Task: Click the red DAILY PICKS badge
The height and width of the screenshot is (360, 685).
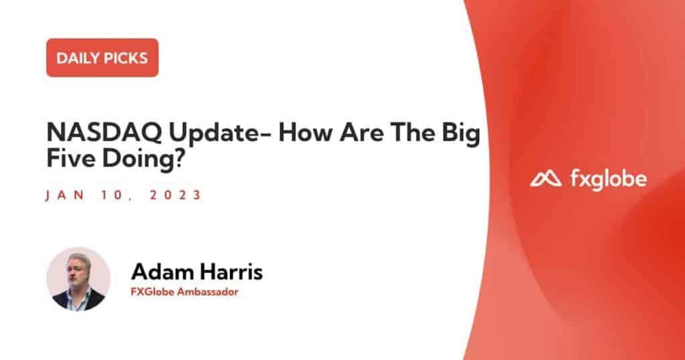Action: pos(102,58)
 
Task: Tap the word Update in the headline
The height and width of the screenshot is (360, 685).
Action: pos(220,134)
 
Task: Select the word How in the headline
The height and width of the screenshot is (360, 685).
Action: pos(306,132)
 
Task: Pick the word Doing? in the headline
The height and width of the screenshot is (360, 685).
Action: pos(144,159)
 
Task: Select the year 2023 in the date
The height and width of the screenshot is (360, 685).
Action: pos(175,195)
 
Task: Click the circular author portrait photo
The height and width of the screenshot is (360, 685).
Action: pos(79,279)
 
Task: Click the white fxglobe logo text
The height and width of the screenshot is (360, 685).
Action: pos(609,179)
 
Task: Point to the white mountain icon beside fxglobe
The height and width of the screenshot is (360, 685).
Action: pos(546,179)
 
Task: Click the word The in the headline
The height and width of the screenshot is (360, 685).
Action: pos(413,132)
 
